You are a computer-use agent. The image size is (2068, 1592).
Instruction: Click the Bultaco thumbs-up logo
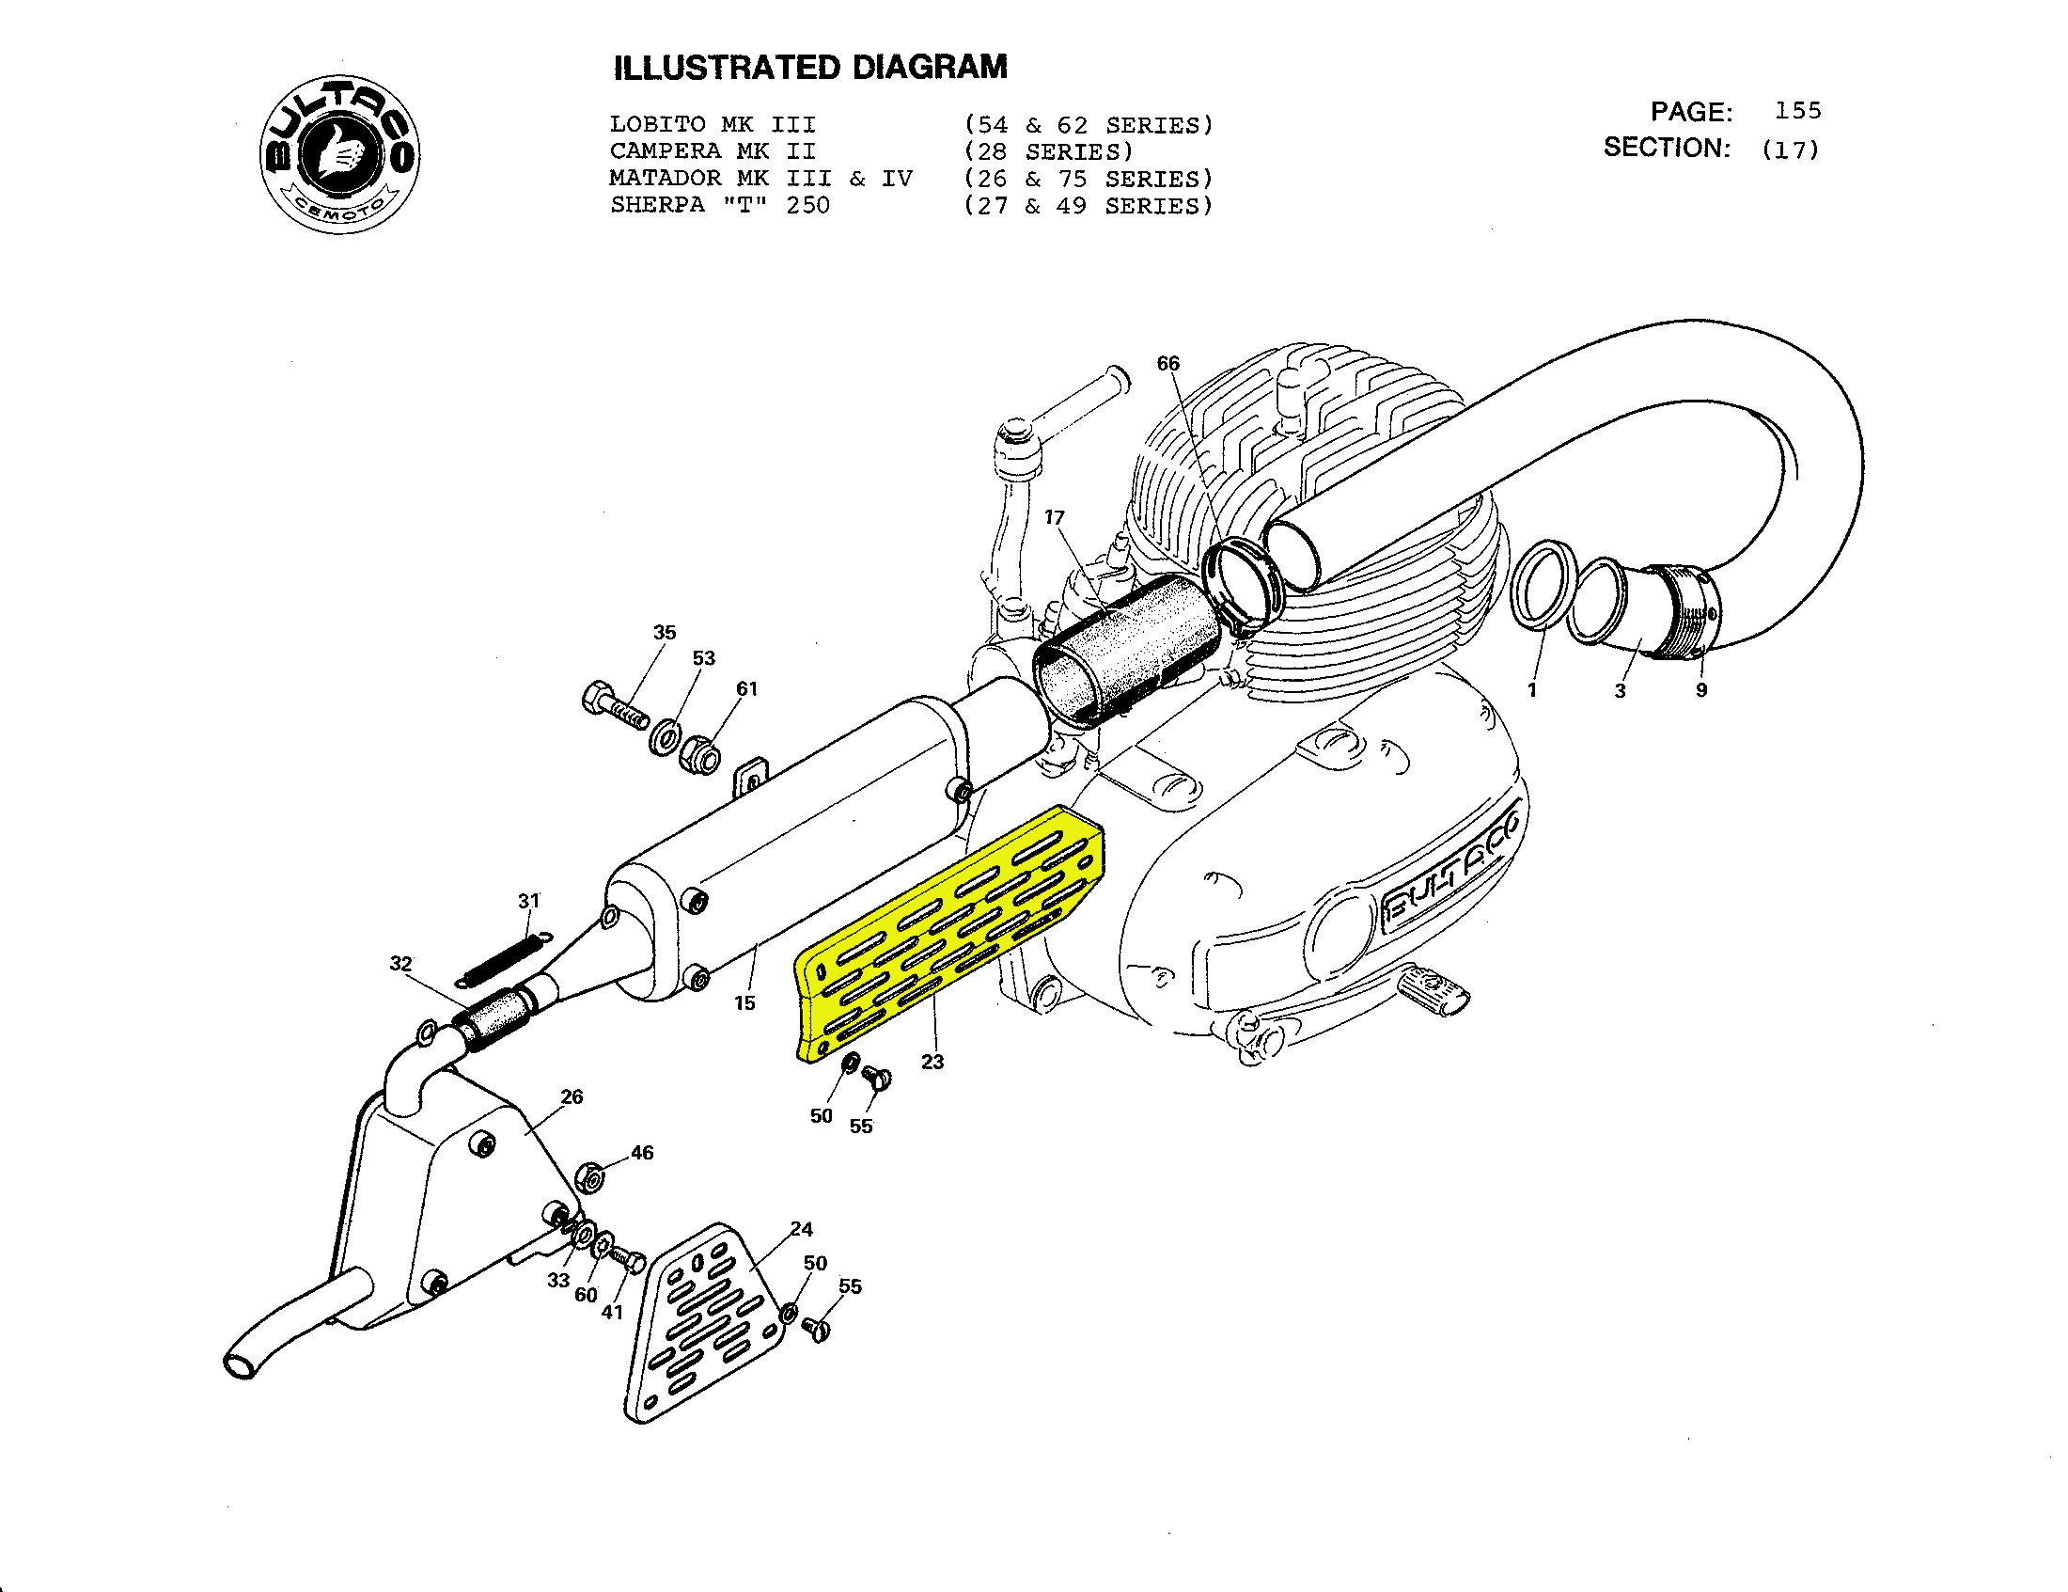click(x=340, y=154)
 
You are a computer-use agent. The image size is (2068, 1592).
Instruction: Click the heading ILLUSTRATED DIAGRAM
click(x=810, y=69)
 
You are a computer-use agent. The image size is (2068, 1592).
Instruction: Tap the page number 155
click(x=1797, y=111)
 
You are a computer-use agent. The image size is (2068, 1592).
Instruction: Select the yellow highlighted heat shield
click(x=949, y=933)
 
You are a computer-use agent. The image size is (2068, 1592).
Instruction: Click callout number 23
click(x=932, y=1063)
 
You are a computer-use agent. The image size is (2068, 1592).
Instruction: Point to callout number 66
click(x=1168, y=364)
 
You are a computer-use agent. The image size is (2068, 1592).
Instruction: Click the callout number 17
click(x=1055, y=517)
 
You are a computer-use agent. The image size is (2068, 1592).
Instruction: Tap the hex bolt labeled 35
click(x=615, y=704)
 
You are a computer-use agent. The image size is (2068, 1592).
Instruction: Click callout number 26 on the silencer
click(x=572, y=1096)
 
